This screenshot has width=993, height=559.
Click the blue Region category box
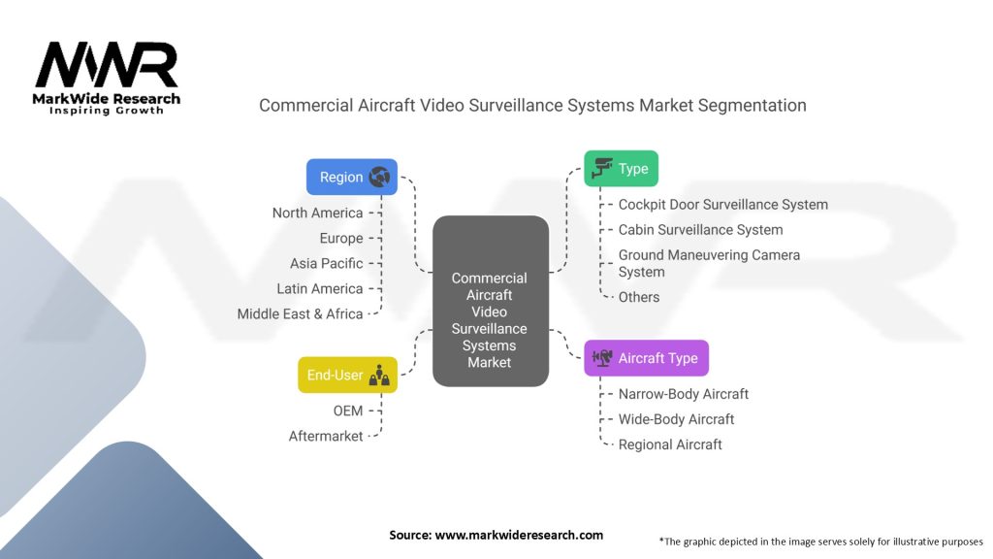point(351,177)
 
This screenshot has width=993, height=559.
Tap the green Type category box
point(621,169)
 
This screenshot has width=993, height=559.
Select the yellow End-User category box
point(348,375)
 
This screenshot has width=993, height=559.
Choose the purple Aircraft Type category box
point(646,358)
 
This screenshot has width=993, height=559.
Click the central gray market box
point(490,301)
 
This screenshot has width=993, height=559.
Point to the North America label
point(317,213)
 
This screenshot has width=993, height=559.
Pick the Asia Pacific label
point(326,264)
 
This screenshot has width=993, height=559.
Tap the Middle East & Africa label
point(300,313)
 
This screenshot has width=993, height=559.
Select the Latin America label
point(320,288)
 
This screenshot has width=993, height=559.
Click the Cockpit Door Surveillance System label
point(723,205)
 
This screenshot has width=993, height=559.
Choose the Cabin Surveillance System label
point(700,230)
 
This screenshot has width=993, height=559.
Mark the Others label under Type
point(639,297)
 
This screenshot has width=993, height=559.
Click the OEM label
point(348,411)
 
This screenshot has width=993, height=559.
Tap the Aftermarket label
point(326,436)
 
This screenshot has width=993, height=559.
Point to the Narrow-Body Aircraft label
point(684,394)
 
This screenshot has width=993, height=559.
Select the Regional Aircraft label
point(670,444)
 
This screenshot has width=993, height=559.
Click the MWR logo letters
point(107,65)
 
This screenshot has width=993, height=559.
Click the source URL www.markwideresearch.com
point(519,535)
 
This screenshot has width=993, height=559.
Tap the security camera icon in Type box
point(601,168)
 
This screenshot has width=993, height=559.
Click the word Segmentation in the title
point(753,106)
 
